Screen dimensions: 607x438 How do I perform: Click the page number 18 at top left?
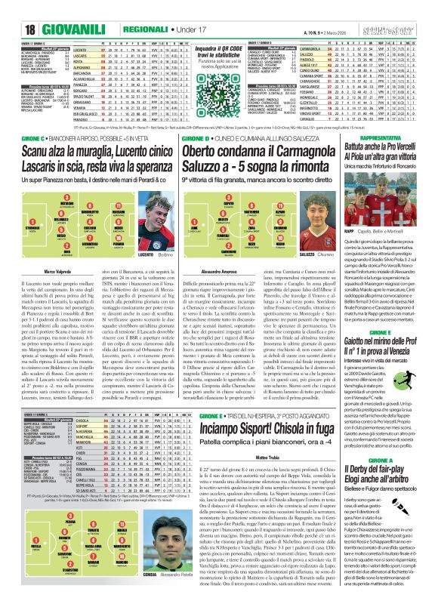click(13, 9)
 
